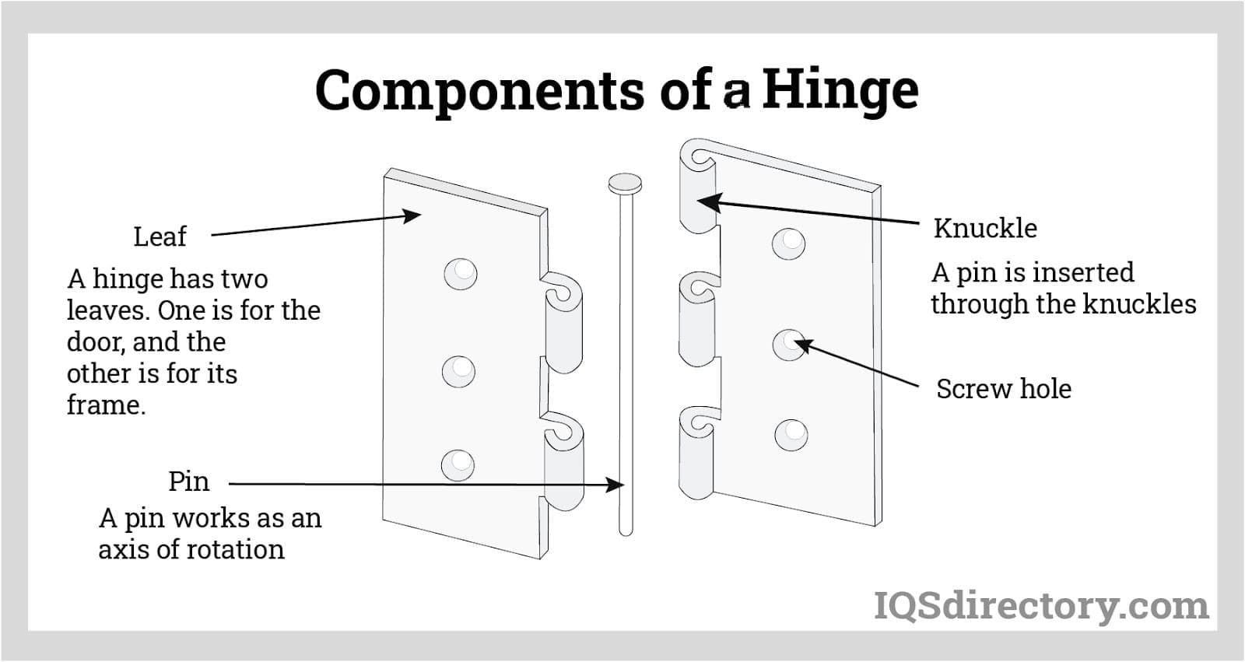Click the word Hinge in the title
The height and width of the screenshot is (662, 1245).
pyautogui.click(x=840, y=91)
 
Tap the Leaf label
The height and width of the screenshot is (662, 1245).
pyautogui.click(x=160, y=236)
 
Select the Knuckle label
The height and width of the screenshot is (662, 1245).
pyautogui.click(x=985, y=229)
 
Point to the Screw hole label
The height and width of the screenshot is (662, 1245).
pyautogui.click(x=1003, y=389)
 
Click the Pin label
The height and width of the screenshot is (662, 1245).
pyautogui.click(x=188, y=482)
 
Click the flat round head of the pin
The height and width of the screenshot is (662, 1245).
pyautogui.click(x=625, y=184)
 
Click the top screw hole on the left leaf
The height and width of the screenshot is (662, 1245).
pyautogui.click(x=460, y=274)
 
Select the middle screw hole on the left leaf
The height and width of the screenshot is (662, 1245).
pyautogui.click(x=458, y=370)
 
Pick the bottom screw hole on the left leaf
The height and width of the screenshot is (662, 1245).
pyautogui.click(x=458, y=464)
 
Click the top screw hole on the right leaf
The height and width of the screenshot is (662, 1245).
pyautogui.click(x=788, y=243)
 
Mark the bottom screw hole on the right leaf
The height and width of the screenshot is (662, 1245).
pyautogui.click(x=791, y=434)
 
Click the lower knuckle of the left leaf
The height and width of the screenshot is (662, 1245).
pyautogui.click(x=563, y=463)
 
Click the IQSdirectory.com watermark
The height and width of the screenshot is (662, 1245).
pyautogui.click(x=1041, y=606)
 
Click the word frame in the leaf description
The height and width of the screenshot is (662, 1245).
pyautogui.click(x=105, y=405)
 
